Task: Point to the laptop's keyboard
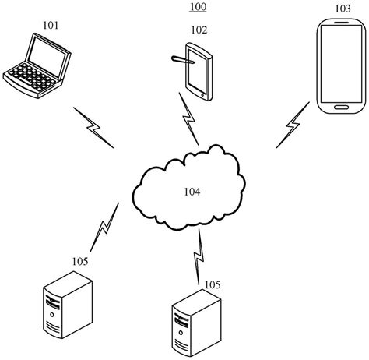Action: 27,78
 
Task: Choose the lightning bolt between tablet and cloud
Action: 189,118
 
